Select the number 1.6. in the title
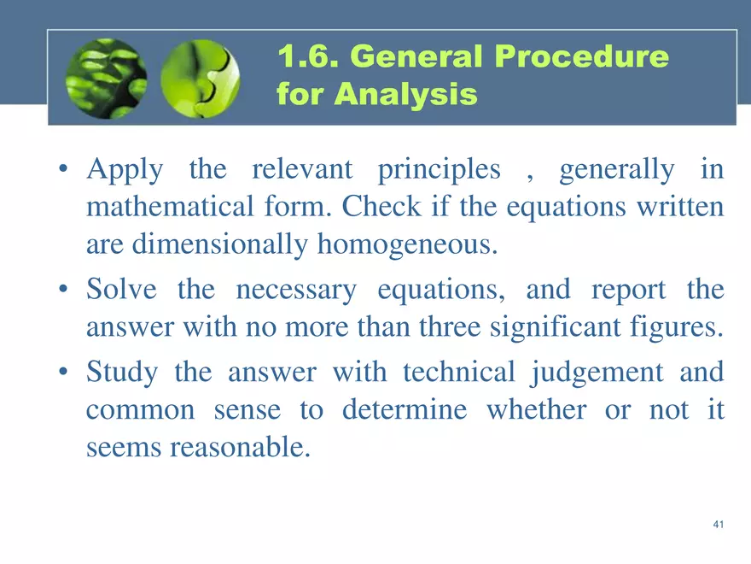(308, 58)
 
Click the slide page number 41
(718, 525)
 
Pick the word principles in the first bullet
(439, 171)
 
